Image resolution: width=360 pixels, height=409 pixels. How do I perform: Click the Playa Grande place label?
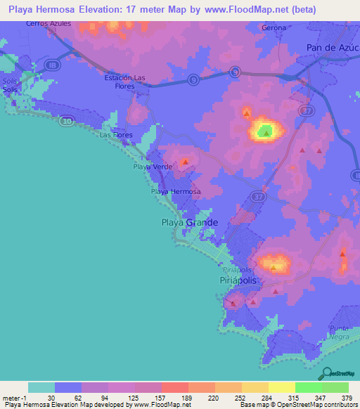point(186,222)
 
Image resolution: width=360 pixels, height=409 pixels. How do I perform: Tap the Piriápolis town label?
point(236,279)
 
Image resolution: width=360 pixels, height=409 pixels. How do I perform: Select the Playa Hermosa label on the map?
point(176,192)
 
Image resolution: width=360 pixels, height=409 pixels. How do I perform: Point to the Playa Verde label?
point(153,167)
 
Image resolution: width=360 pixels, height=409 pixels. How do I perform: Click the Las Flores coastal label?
point(116,134)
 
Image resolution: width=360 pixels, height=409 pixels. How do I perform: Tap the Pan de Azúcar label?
point(333,47)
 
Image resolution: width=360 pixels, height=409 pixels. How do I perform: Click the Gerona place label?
point(274,27)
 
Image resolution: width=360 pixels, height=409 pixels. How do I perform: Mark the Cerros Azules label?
point(49,23)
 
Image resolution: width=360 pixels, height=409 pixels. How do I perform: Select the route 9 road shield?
point(233,71)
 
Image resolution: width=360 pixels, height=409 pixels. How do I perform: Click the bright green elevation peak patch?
point(265,131)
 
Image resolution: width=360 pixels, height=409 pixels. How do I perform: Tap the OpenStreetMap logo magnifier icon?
point(326,373)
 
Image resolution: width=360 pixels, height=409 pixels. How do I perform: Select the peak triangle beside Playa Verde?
point(185,162)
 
